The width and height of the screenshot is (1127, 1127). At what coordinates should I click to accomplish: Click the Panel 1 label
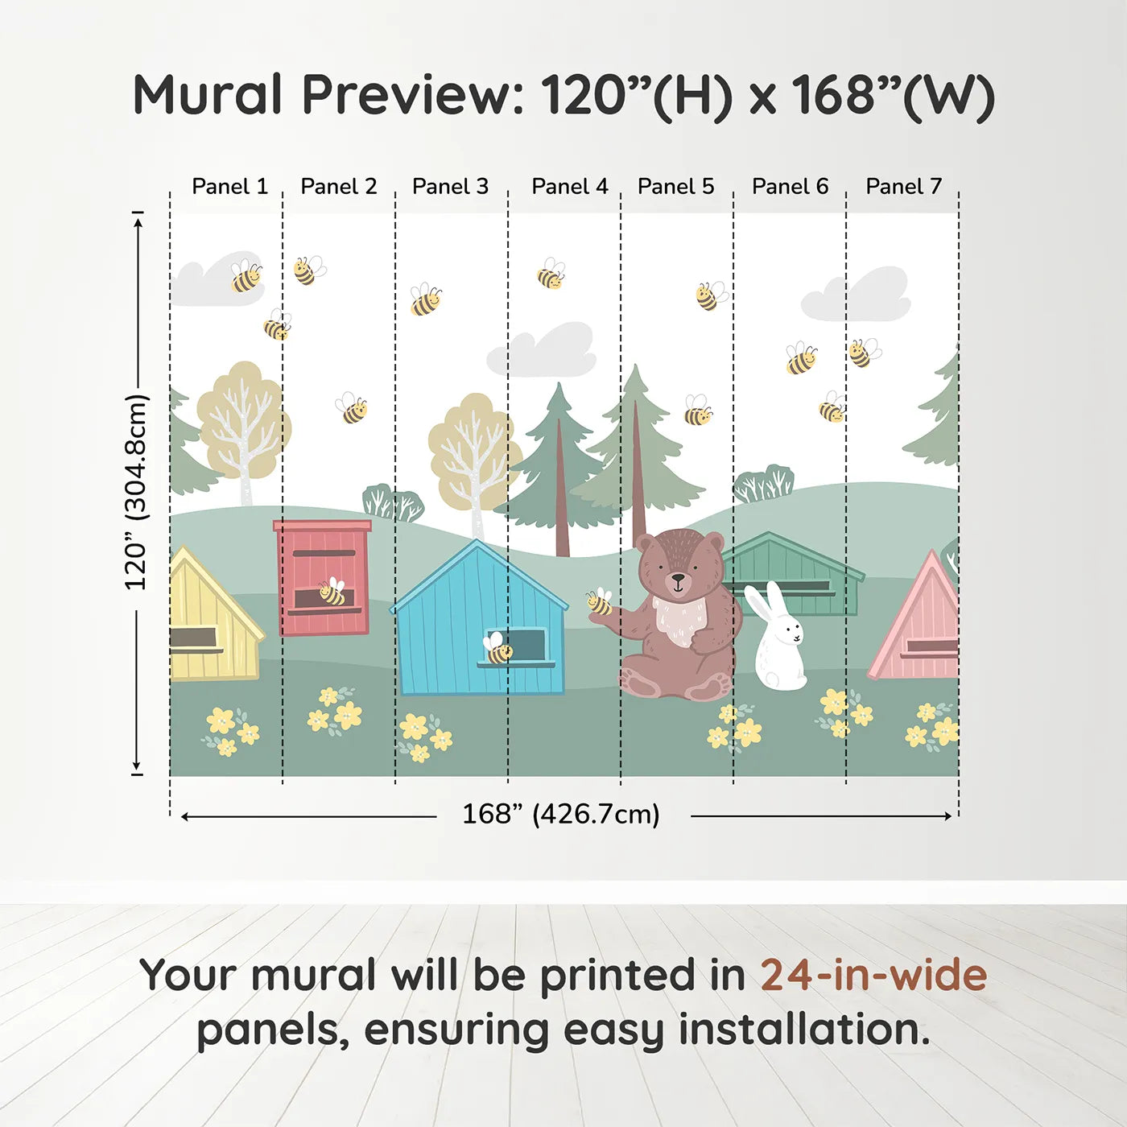[229, 187]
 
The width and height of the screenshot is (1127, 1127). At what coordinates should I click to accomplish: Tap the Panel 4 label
[569, 187]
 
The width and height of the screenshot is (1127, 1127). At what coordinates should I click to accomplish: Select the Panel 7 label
[903, 187]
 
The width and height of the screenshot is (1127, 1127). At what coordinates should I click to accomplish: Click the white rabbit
[778, 641]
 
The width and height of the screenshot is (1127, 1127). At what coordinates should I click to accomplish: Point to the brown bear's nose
[679, 577]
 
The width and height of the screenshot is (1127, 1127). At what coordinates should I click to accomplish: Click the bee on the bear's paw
[599, 601]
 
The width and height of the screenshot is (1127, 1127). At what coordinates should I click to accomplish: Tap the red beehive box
[323, 577]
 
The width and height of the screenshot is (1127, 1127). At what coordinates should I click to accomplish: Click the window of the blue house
[525, 645]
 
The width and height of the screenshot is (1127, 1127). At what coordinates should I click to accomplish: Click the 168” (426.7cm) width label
[560, 815]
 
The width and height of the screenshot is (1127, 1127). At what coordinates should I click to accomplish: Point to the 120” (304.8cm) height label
[137, 493]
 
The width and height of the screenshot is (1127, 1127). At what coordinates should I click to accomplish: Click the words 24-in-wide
[873, 976]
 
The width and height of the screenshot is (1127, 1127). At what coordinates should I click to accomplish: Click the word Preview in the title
[412, 95]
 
